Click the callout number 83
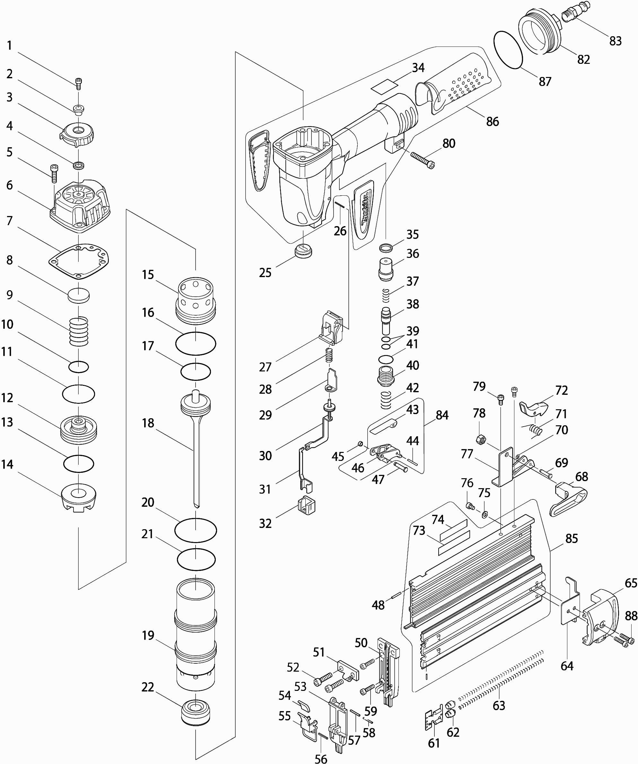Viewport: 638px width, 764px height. pyautogui.click(x=615, y=41)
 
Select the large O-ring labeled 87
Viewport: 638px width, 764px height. pyautogui.click(x=508, y=49)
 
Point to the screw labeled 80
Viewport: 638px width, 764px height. pyautogui.click(x=423, y=160)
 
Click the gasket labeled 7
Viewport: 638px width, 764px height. pyautogui.click(x=79, y=261)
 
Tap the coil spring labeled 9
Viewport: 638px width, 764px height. pyautogui.click(x=79, y=331)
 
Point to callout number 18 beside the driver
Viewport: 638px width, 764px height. pyautogui.click(x=148, y=423)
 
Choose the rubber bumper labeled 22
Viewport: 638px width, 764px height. pyautogui.click(x=196, y=712)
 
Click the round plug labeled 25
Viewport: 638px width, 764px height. pyautogui.click(x=303, y=251)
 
